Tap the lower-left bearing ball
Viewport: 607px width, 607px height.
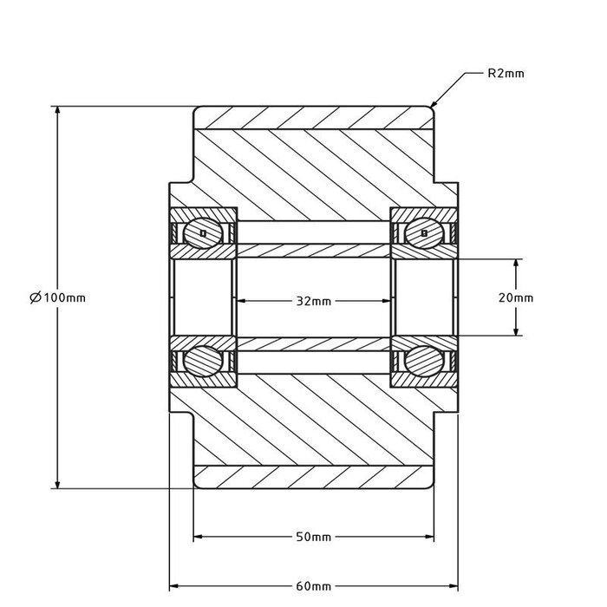pos(203,359)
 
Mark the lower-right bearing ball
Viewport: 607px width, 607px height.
pos(422,359)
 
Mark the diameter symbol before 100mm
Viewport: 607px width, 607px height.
pos(35,297)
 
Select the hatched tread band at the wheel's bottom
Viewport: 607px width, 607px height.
pos(312,476)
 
